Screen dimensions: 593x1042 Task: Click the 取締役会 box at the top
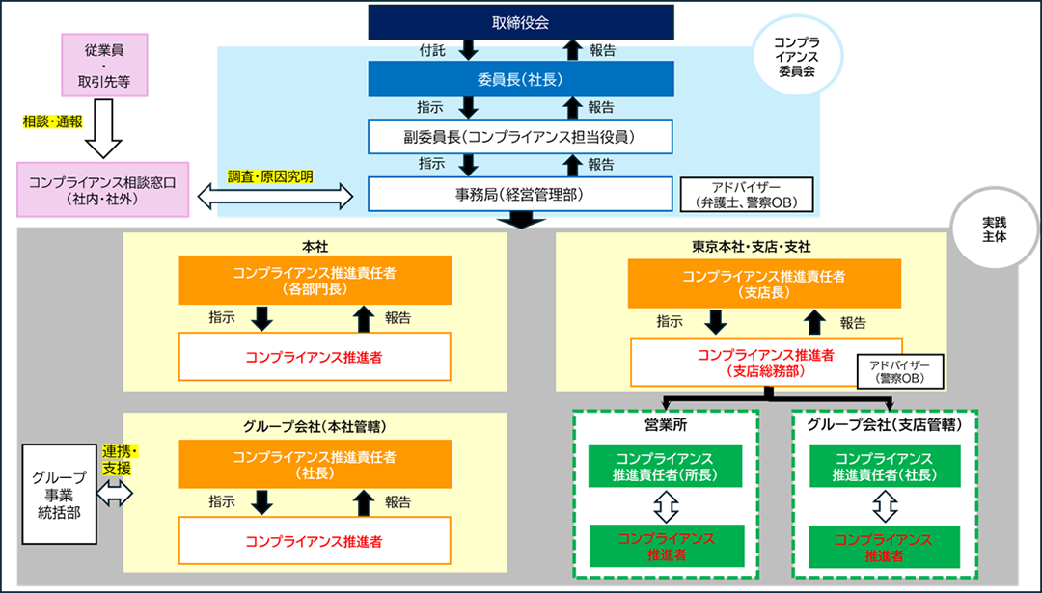point(520,21)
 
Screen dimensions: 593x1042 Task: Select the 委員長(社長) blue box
point(520,79)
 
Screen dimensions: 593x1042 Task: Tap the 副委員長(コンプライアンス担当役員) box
point(520,136)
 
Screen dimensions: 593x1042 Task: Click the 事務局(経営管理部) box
point(520,194)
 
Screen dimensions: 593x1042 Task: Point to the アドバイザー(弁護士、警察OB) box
point(747,195)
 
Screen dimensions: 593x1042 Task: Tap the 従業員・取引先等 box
point(104,65)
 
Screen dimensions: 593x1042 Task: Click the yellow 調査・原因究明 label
point(270,176)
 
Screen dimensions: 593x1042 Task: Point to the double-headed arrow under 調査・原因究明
point(274,197)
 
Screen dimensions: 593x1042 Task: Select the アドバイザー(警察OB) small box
point(899,372)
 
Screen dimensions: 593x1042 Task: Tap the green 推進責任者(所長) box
point(666,467)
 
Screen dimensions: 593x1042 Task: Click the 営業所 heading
point(666,424)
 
